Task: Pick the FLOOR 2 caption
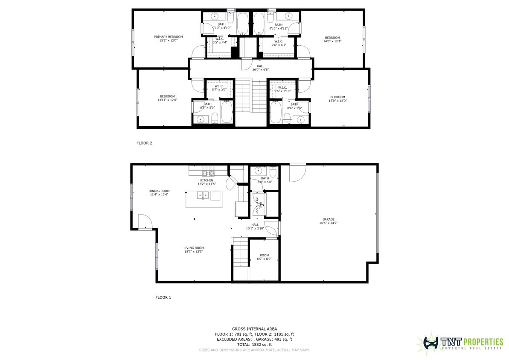(x=144, y=143)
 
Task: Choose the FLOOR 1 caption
(x=163, y=297)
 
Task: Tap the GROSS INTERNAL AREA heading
(x=254, y=329)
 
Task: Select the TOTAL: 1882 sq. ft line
(x=254, y=345)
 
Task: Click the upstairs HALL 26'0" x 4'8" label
(x=260, y=68)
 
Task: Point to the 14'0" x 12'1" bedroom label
(x=332, y=39)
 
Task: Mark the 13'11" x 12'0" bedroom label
(x=167, y=98)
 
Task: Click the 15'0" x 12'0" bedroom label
(x=337, y=99)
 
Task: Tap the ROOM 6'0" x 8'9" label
(x=264, y=257)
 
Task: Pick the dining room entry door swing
(x=145, y=221)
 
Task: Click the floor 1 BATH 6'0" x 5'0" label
(x=265, y=180)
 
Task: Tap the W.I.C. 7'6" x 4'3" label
(x=279, y=43)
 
